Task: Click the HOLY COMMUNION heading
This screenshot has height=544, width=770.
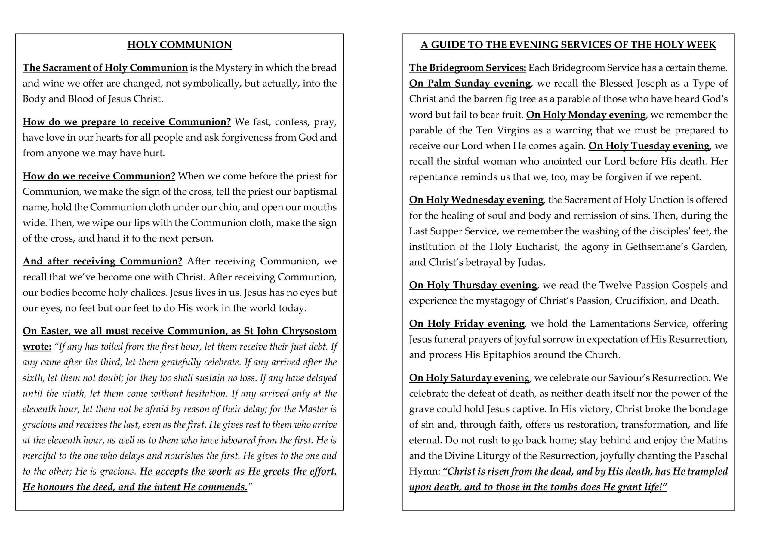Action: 180,45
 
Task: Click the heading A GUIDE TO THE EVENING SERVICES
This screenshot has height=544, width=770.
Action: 568,45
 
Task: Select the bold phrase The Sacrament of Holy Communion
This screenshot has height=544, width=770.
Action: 105,68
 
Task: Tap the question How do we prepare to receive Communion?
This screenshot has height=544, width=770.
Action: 127,122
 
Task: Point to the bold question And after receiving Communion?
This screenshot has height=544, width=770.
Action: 103,261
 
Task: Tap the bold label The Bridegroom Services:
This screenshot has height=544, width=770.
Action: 467,68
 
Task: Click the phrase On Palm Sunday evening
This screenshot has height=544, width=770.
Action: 470,84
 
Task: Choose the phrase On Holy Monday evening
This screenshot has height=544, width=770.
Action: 586,115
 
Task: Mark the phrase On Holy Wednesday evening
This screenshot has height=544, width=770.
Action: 476,200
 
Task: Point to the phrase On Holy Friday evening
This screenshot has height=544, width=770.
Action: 467,324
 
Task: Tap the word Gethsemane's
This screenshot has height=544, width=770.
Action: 657,247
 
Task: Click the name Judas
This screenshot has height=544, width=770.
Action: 531,262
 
